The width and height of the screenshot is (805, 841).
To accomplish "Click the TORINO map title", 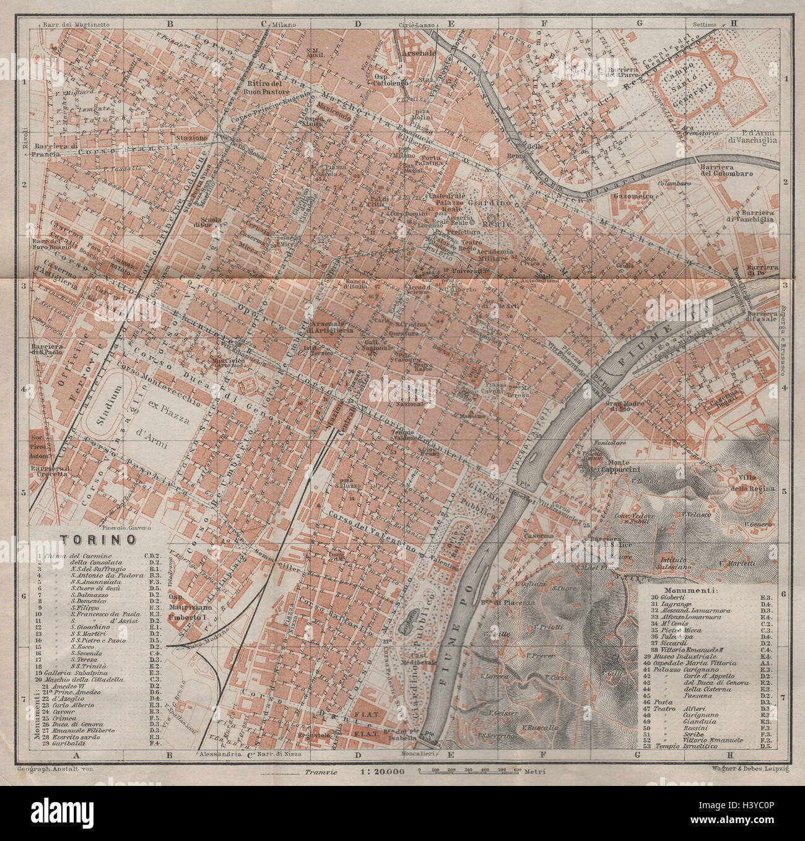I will point(97,540).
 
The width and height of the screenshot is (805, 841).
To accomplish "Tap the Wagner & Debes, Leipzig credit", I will point(748,767).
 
